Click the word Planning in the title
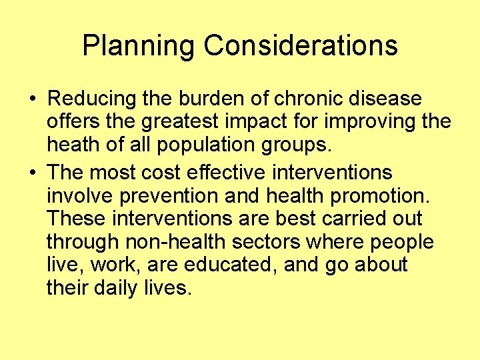coord(138,46)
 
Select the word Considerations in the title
coord(301,45)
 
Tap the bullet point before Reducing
coord(33,99)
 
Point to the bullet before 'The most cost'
coord(33,173)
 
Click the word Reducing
coord(93,99)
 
